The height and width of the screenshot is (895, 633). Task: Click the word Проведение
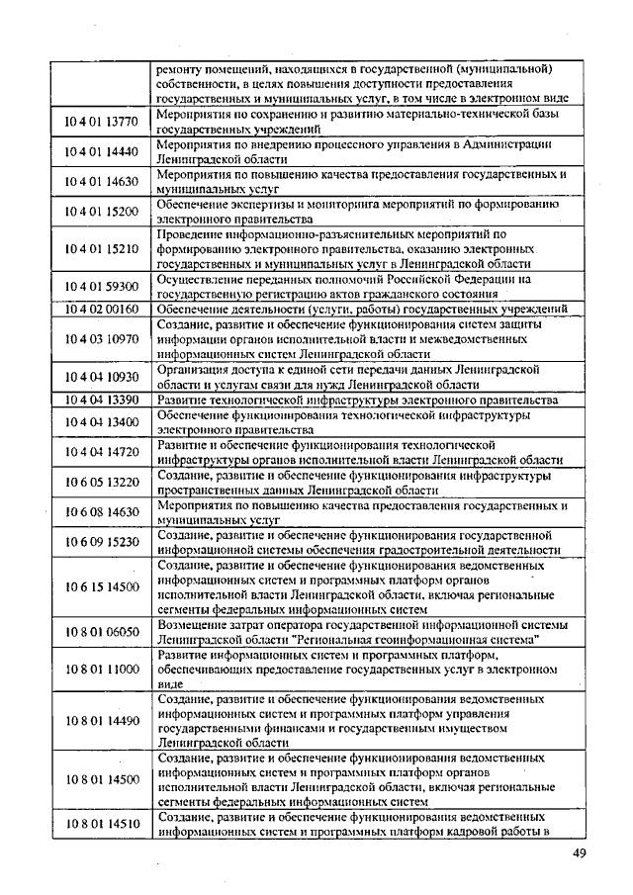click(194, 234)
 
